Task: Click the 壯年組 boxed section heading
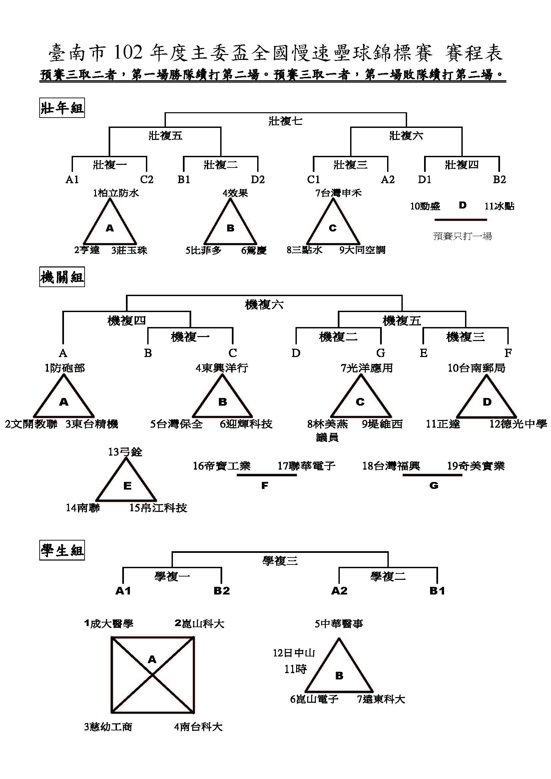coord(62,108)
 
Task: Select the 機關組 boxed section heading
coord(62,277)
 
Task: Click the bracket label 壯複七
coord(285,121)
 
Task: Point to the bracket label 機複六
coord(264,304)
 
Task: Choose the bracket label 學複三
coord(280,561)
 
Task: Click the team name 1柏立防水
coord(116,193)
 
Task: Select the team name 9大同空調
coord(362,250)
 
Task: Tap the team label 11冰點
coord(499,206)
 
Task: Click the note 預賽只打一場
coord(462,236)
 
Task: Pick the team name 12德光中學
coord(518,424)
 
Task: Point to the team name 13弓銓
coord(125,452)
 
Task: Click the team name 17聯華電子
coord(306,466)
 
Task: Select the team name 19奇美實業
coord(476,466)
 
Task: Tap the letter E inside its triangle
coord(127,486)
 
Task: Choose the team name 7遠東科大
coord(381,699)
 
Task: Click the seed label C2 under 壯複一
coord(147,180)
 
